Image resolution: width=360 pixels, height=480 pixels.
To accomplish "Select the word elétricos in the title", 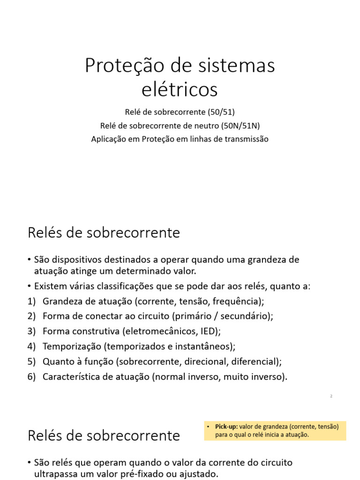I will pyautogui.click(x=180, y=89).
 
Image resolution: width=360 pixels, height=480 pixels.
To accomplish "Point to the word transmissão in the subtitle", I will pyautogui.click(x=246, y=139).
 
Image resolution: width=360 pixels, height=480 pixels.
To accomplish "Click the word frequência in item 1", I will pyautogui.click(x=236, y=301).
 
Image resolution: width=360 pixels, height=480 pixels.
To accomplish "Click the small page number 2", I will pyautogui.click(x=331, y=396).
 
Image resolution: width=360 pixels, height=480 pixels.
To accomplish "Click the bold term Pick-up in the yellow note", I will pyautogui.click(x=226, y=427).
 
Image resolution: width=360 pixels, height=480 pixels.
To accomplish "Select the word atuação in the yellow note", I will pyautogui.click(x=296, y=435).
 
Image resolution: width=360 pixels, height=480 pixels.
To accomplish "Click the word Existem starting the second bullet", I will pyautogui.click(x=50, y=286).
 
